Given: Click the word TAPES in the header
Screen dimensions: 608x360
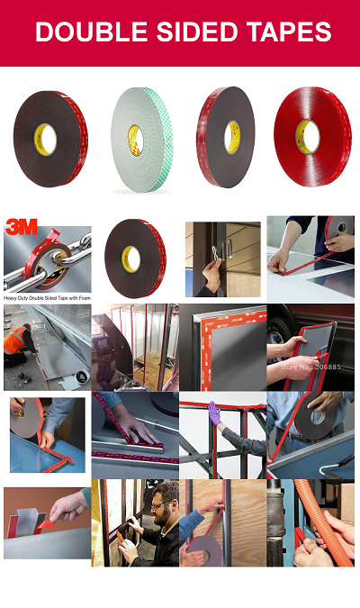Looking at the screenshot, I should pyautogui.click(x=288, y=33).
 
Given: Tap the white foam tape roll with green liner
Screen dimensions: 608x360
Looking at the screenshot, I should pyautogui.click(x=139, y=139).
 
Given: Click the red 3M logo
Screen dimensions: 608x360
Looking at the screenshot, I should pyautogui.click(x=21, y=226).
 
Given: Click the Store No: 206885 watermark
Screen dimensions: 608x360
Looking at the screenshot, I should pyautogui.click(x=311, y=367).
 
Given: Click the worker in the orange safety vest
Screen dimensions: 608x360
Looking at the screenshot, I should pyautogui.click(x=15, y=342).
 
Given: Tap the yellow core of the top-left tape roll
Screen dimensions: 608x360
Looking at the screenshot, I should pyautogui.click(x=45, y=137).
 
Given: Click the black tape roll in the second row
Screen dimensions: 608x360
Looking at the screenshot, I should pyautogui.click(x=134, y=258).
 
